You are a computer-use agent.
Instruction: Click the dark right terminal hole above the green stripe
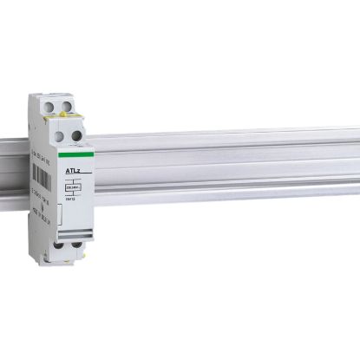click(x=76, y=135)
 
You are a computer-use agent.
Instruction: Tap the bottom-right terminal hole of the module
click(x=76, y=245)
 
